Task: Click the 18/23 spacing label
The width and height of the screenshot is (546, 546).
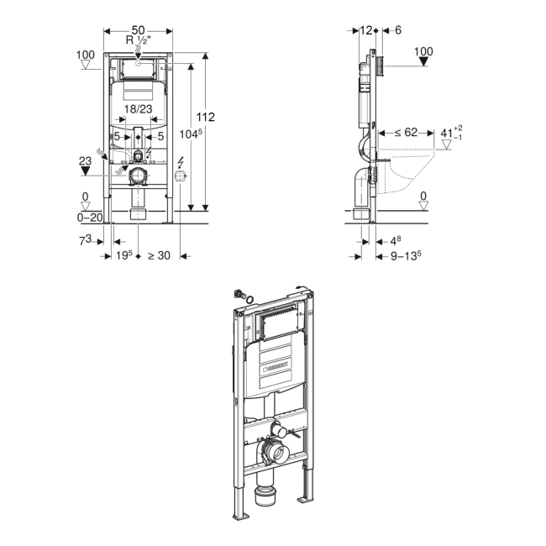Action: [139, 108]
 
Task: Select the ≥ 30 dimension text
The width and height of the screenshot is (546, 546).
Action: [159, 255]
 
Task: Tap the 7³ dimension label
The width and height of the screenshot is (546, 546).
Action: [86, 241]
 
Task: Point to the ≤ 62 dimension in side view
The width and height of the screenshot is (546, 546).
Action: [407, 132]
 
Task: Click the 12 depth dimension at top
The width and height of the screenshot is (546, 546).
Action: [366, 29]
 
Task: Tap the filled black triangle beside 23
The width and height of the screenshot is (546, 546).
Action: [86, 170]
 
